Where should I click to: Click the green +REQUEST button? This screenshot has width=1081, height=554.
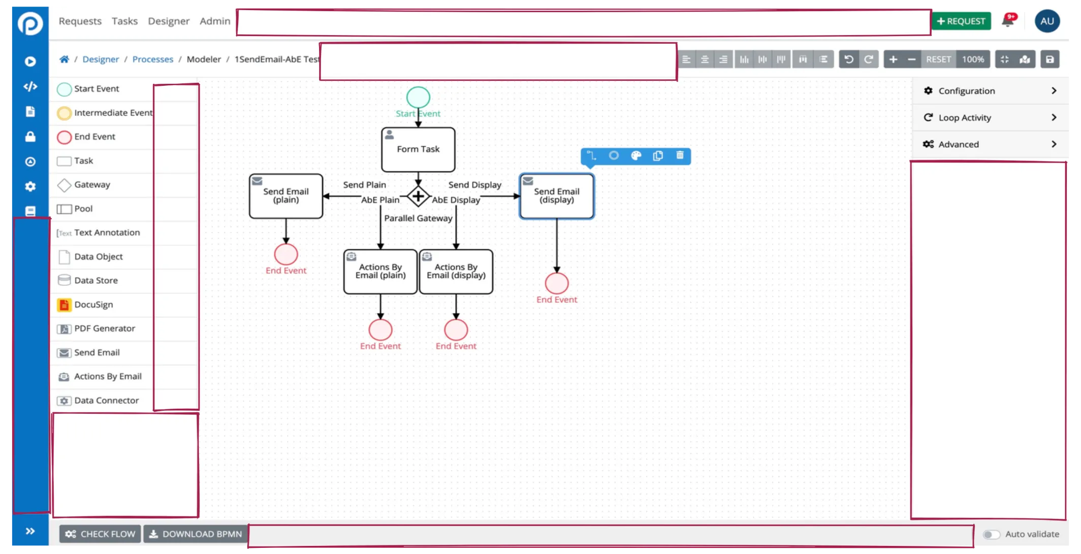pyautogui.click(x=961, y=21)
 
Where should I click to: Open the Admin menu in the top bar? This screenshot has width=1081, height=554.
pyautogui.click(x=215, y=21)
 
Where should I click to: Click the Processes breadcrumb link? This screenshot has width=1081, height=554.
pyautogui.click(x=152, y=59)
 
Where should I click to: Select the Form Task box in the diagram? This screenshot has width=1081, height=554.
pyautogui.click(x=418, y=149)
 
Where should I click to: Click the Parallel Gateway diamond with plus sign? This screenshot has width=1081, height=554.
pyautogui.click(x=418, y=196)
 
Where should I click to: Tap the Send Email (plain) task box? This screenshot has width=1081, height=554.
pyautogui.click(x=286, y=196)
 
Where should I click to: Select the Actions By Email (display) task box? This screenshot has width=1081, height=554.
pyautogui.click(x=456, y=272)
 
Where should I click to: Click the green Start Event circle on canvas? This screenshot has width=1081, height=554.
pyautogui.click(x=418, y=97)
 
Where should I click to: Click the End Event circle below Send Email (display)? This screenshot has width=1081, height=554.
pyautogui.click(x=557, y=283)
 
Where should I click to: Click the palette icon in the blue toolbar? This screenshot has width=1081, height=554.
pyautogui.click(x=636, y=156)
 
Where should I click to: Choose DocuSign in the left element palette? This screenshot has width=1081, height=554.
pyautogui.click(x=93, y=305)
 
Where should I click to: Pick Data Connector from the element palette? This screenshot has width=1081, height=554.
pyautogui.click(x=106, y=401)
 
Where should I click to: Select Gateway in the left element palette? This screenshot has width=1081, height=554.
pyautogui.click(x=91, y=185)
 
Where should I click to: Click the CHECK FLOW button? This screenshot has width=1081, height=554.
pyautogui.click(x=100, y=534)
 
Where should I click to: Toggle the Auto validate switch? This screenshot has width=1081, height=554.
pyautogui.click(x=991, y=534)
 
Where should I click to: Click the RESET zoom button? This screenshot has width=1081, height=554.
pyautogui.click(x=938, y=59)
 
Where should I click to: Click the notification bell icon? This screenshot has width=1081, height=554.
pyautogui.click(x=1008, y=21)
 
